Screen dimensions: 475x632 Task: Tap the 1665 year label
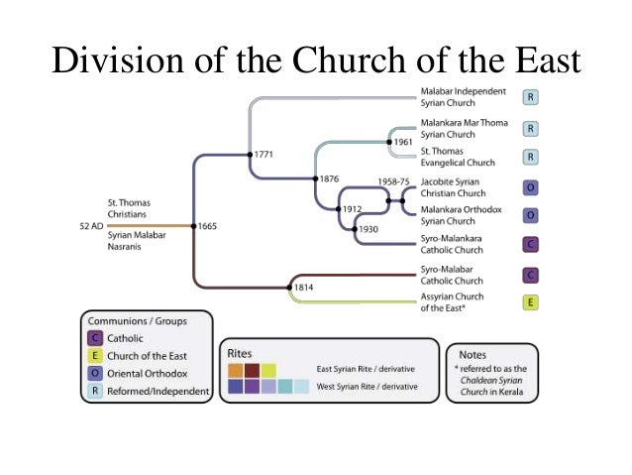[x=208, y=226]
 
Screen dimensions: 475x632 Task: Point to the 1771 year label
[x=263, y=155]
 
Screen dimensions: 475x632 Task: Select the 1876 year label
[x=329, y=178]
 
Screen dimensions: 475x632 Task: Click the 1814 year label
[x=304, y=288]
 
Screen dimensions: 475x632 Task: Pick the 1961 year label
[x=402, y=143]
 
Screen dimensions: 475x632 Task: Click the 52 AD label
[x=92, y=226]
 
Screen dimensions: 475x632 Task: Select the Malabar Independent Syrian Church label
[x=463, y=97]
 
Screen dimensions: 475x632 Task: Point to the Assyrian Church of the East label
[x=454, y=303]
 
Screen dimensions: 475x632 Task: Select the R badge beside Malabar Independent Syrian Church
[x=531, y=97]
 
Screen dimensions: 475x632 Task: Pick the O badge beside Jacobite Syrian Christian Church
[x=531, y=186]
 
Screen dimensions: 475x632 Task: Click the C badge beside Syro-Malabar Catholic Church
[x=531, y=275]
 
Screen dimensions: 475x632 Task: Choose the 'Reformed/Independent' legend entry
[x=162, y=391]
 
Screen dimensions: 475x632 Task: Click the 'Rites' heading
[x=240, y=353]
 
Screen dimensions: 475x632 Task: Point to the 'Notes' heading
[x=474, y=353]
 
